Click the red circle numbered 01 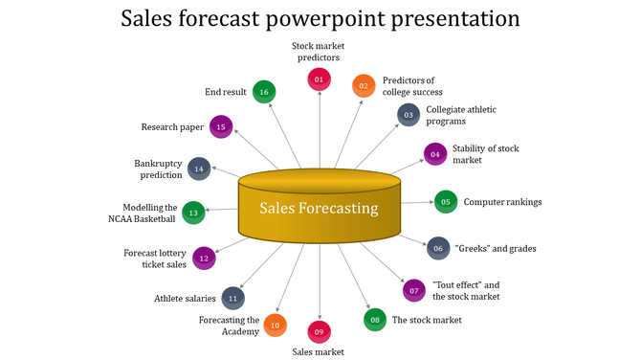pyautogui.click(x=319, y=79)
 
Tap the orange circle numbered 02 pyautogui.click(x=364, y=86)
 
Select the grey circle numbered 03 pyautogui.click(x=409, y=115)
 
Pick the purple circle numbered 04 pyautogui.click(x=435, y=154)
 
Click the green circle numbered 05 pyautogui.click(x=446, y=201)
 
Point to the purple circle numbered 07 pyautogui.click(x=413, y=290)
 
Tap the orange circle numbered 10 pyautogui.click(x=275, y=326)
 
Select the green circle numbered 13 pyautogui.click(x=193, y=213)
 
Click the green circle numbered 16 pyautogui.click(x=264, y=92)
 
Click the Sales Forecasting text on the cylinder pyautogui.click(x=319, y=208)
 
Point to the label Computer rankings pyautogui.click(x=502, y=202)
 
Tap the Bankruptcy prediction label pyautogui.click(x=158, y=169)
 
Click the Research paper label pyautogui.click(x=172, y=126)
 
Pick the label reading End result pyautogui.click(x=225, y=92)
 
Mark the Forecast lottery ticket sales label pyautogui.click(x=155, y=259)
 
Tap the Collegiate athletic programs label pyautogui.click(x=459, y=115)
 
